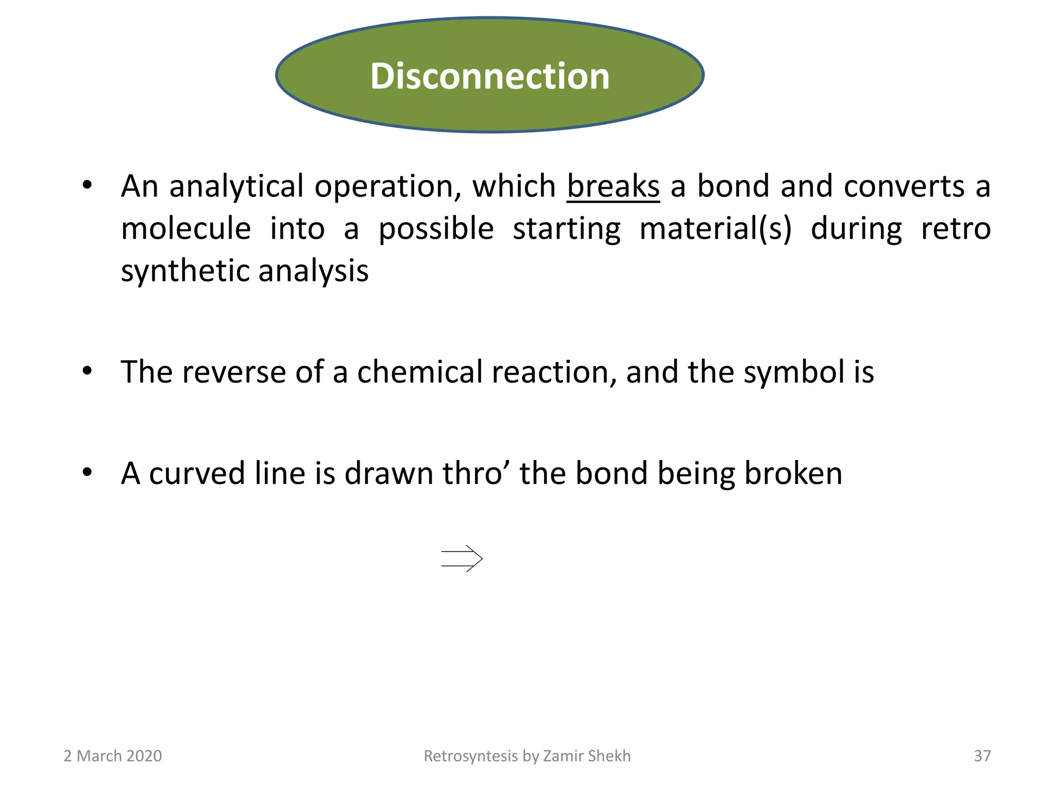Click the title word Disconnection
click(x=489, y=76)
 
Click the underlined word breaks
click(x=613, y=186)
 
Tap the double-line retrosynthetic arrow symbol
click(x=462, y=558)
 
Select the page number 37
click(x=982, y=756)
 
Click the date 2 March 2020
click(x=112, y=756)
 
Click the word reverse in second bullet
click(x=234, y=372)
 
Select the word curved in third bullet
click(x=197, y=473)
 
